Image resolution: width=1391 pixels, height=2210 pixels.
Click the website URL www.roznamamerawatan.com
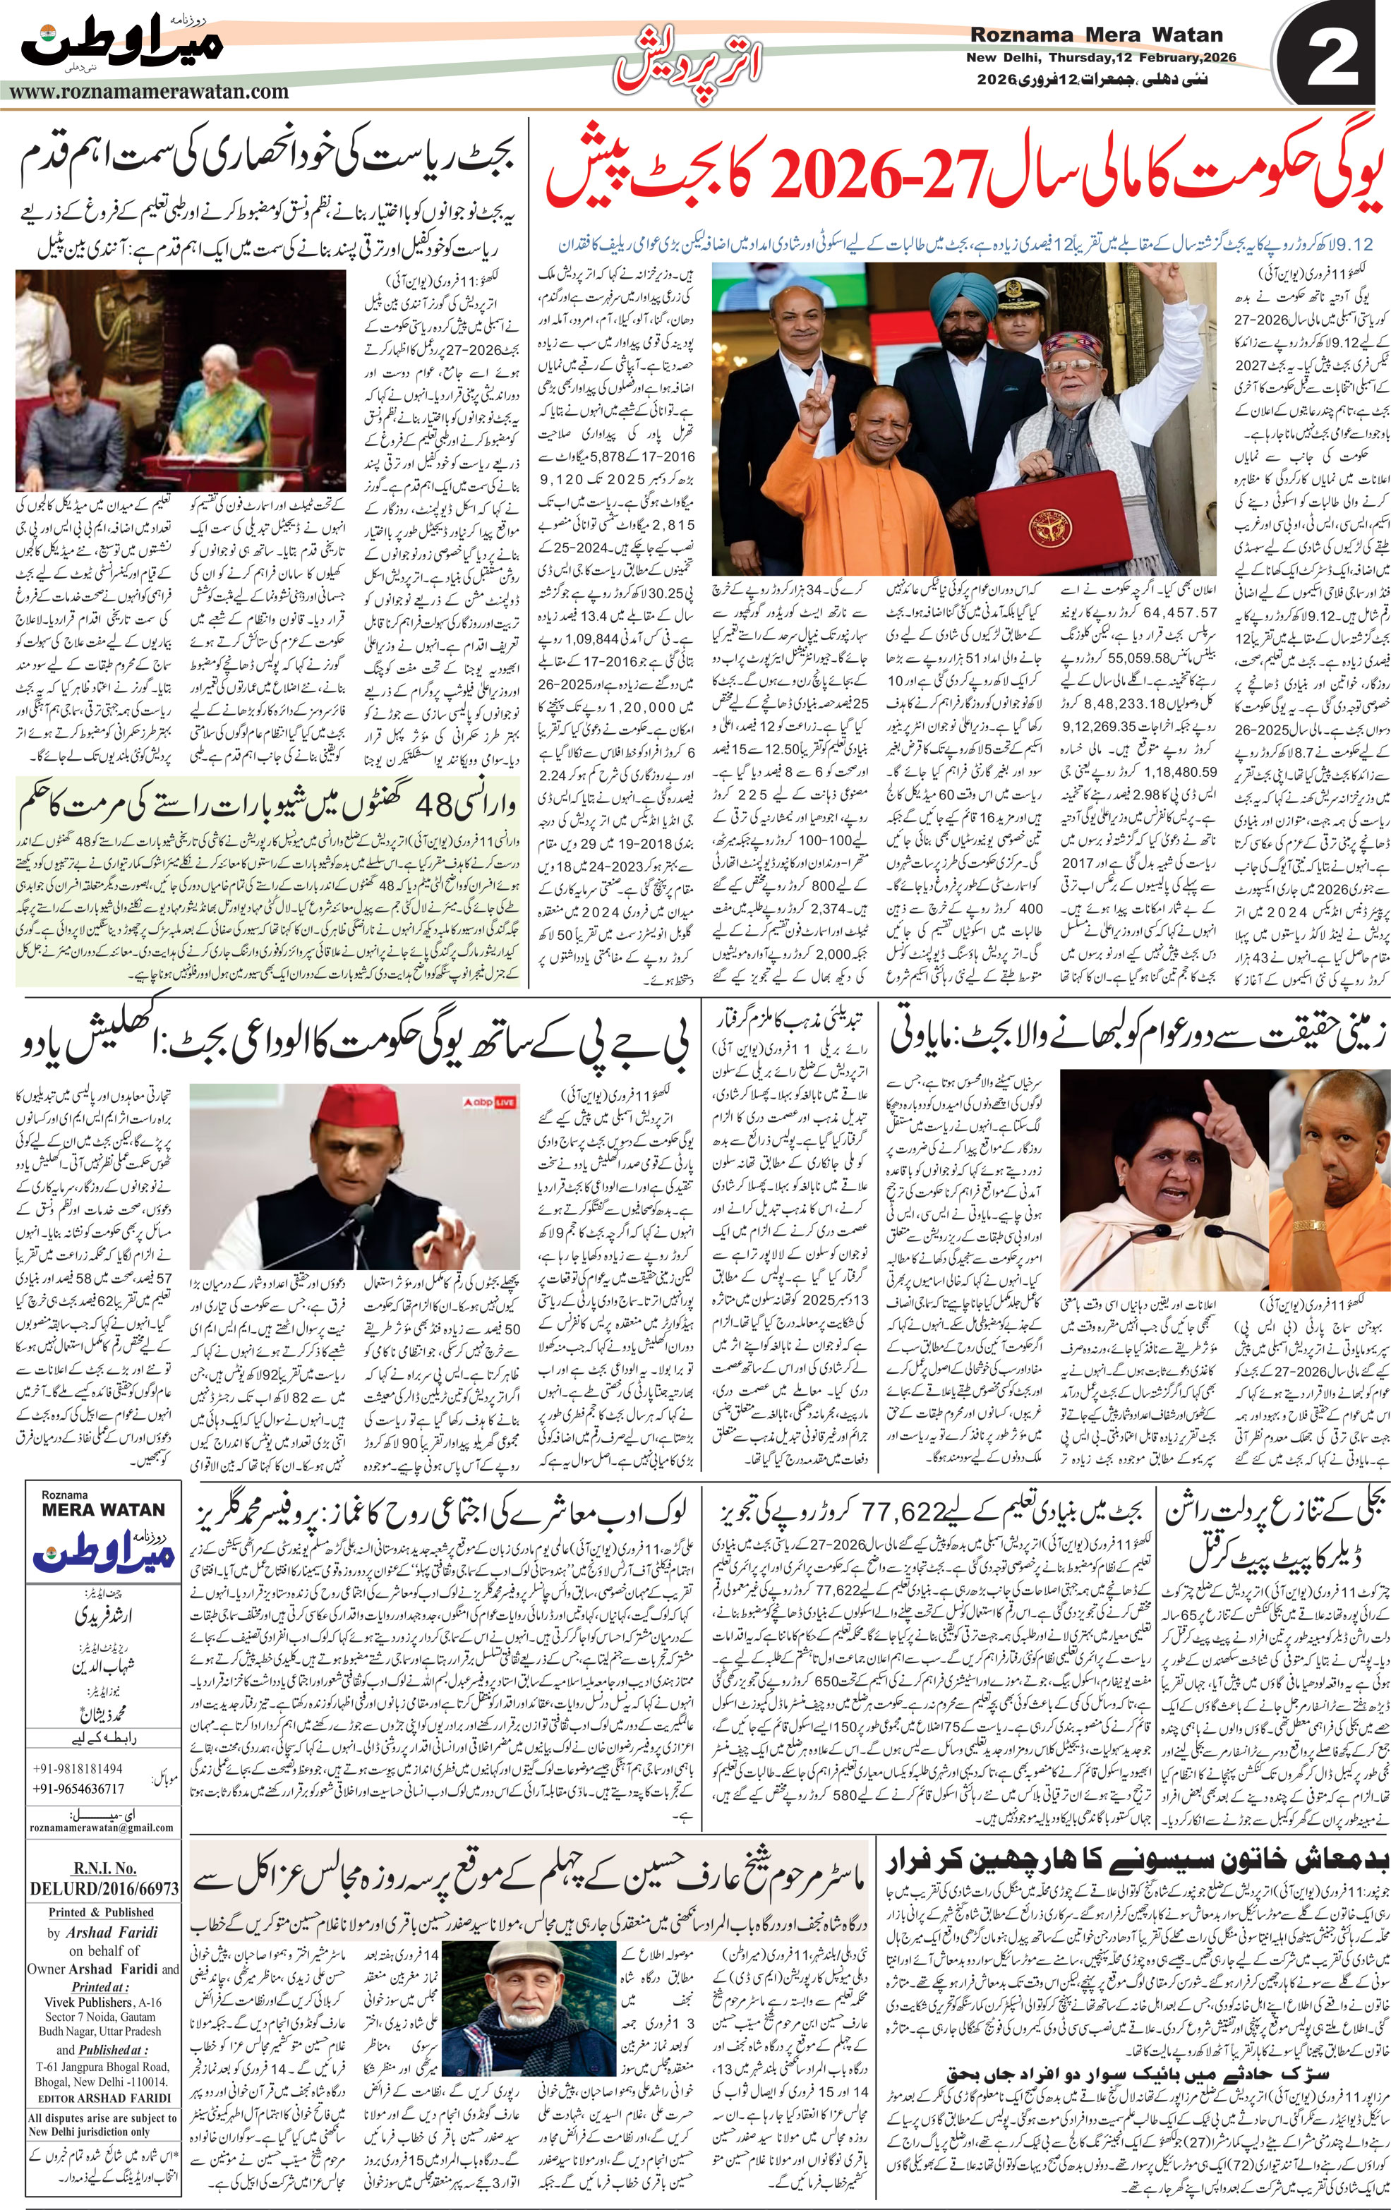(147, 92)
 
